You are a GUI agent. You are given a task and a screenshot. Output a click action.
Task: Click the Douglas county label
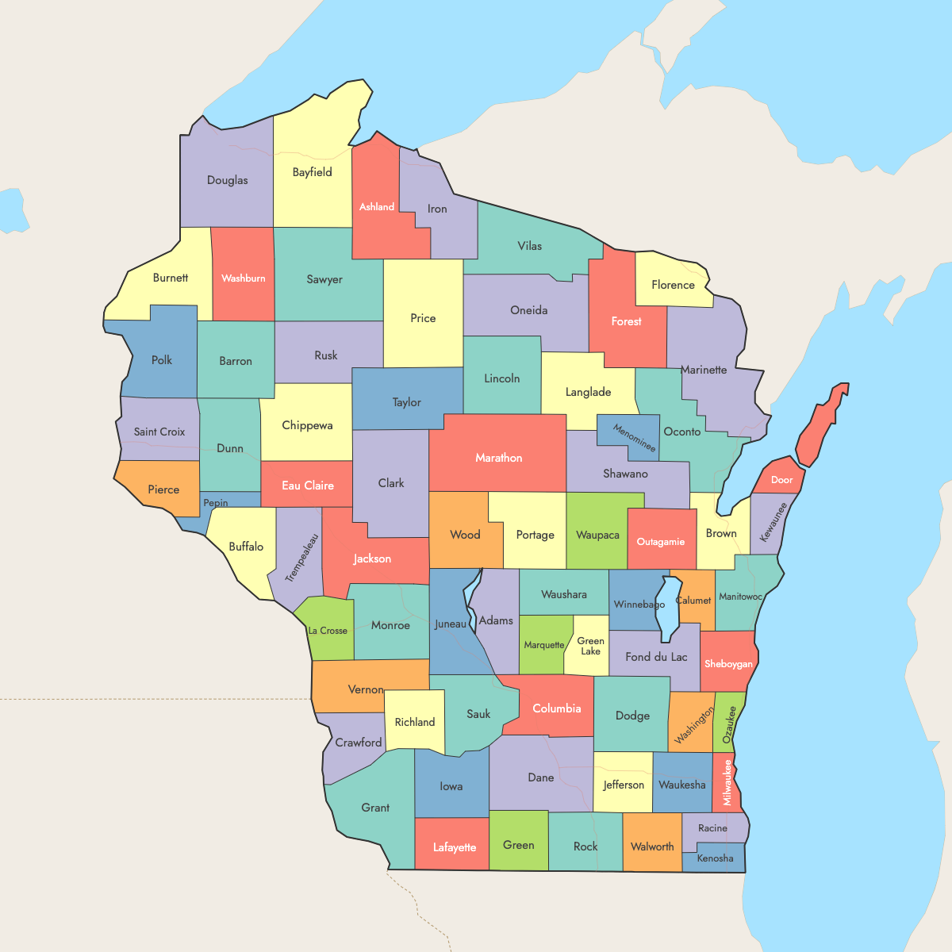pos(227,180)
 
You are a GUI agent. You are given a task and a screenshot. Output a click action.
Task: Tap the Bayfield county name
pos(312,172)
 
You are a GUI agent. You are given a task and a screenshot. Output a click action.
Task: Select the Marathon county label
pos(498,458)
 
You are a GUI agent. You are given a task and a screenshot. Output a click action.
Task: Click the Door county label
pos(781,479)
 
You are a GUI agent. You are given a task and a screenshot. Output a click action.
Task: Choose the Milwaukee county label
pos(727,782)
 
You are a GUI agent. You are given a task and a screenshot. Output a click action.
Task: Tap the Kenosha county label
pos(715,858)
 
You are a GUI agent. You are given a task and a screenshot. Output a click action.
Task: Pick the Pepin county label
pos(216,503)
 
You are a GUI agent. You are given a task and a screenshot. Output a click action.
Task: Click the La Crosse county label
pos(328,631)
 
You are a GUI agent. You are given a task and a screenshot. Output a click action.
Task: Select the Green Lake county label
pos(590,646)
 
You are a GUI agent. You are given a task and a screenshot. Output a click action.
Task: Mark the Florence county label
pos(673,285)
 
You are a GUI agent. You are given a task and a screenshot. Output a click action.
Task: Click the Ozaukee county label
pos(729,724)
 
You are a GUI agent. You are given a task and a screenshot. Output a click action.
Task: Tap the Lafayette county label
pos(455,847)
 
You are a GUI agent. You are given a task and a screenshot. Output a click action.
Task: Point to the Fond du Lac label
pos(656,657)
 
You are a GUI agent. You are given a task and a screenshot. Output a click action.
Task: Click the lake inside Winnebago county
pos(670,607)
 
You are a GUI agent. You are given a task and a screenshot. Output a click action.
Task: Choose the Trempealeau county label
pos(301,558)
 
